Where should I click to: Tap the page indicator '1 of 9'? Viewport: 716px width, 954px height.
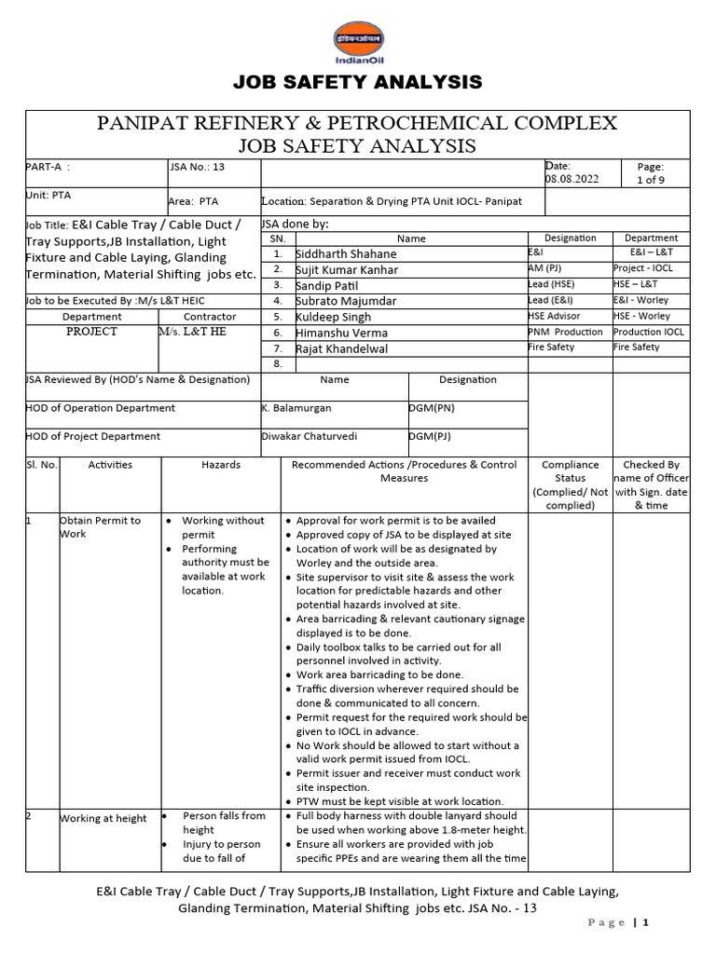(x=649, y=179)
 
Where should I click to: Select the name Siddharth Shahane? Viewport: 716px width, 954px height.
(x=346, y=253)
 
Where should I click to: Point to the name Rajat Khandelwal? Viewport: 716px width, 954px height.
(x=342, y=348)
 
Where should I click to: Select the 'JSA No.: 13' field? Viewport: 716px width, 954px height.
(x=199, y=167)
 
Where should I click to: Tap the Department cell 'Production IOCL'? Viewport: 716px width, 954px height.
(x=649, y=332)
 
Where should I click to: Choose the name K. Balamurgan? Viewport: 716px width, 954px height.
(x=296, y=408)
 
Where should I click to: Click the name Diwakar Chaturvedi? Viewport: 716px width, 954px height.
(x=309, y=436)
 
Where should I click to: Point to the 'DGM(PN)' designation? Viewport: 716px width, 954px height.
(x=432, y=408)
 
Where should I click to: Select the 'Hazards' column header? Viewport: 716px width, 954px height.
(x=221, y=464)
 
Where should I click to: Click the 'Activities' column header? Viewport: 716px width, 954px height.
(x=110, y=464)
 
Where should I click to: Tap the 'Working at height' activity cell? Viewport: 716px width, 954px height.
(x=103, y=818)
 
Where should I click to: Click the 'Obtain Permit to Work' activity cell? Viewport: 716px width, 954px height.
(x=100, y=527)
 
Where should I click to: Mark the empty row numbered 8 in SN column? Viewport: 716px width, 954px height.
(x=277, y=364)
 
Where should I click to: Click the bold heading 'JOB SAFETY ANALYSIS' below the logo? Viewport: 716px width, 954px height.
(x=358, y=83)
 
